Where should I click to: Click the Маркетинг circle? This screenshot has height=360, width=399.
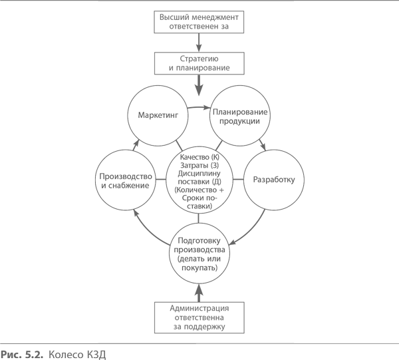click(158, 115)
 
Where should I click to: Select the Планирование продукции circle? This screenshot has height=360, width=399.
click(241, 114)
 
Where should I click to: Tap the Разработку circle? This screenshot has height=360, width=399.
click(273, 180)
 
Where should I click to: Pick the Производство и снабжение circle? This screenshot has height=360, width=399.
click(126, 180)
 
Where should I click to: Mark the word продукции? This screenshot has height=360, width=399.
click(241, 122)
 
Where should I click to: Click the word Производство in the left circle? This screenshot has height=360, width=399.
click(126, 176)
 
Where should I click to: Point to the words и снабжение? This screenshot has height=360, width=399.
click(126, 186)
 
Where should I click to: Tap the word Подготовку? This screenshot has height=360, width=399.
click(199, 240)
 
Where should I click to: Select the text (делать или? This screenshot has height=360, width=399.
click(199, 258)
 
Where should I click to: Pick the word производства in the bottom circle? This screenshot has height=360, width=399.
click(199, 250)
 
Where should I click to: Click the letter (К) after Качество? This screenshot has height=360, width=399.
click(213, 157)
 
